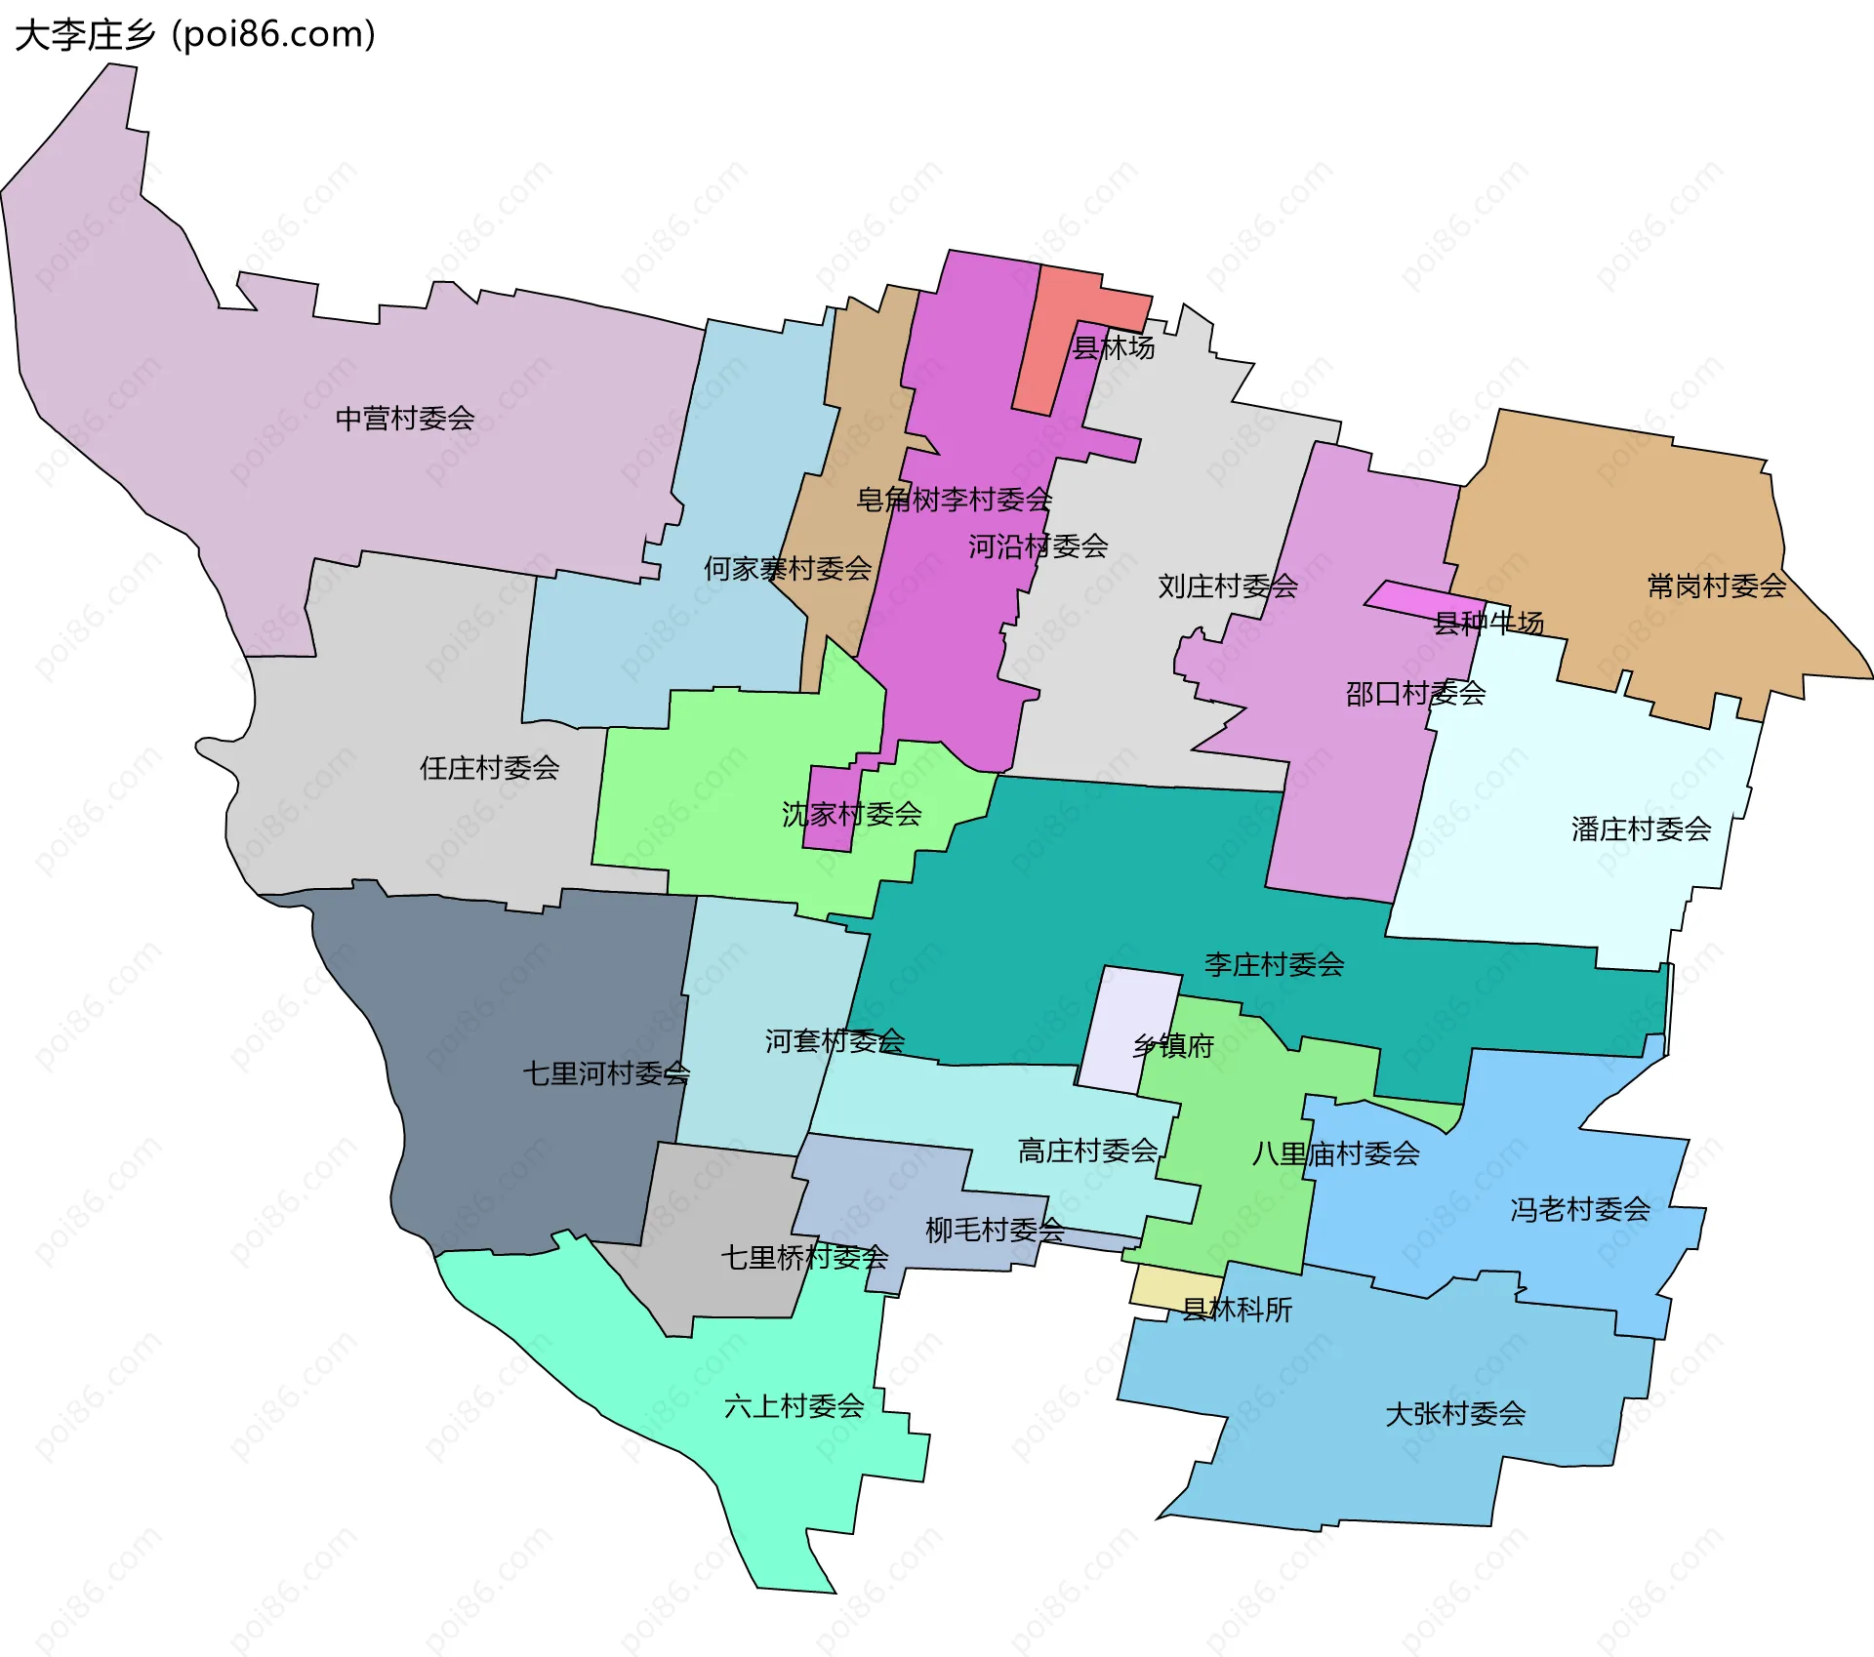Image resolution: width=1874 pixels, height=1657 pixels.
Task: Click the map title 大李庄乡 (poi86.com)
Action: (x=195, y=35)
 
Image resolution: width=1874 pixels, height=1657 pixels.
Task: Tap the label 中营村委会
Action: (x=405, y=419)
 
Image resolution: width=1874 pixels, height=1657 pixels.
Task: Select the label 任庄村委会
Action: (x=489, y=768)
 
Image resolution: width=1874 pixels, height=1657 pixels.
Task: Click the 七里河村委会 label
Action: (x=606, y=1073)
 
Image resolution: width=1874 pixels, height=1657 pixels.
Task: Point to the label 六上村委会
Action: (x=794, y=1406)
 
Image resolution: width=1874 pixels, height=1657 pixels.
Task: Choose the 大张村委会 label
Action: (x=1455, y=1414)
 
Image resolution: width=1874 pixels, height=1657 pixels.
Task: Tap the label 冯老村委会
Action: (x=1580, y=1210)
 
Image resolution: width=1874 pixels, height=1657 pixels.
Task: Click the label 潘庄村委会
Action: (x=1641, y=829)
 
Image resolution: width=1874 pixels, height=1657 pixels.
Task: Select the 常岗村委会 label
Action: (x=1717, y=586)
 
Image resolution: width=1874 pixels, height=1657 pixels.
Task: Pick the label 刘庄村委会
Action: (x=1228, y=586)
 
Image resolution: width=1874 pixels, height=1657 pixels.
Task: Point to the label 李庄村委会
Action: (x=1274, y=965)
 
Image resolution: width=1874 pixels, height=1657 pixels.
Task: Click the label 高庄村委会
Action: (x=1087, y=1152)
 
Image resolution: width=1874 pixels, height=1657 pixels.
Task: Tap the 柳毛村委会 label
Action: (x=995, y=1231)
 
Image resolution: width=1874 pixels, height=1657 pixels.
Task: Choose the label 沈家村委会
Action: (x=851, y=814)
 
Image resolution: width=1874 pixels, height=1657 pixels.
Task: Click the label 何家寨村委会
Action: (x=788, y=569)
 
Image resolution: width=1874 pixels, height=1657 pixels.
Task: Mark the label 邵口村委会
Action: (x=1415, y=694)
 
